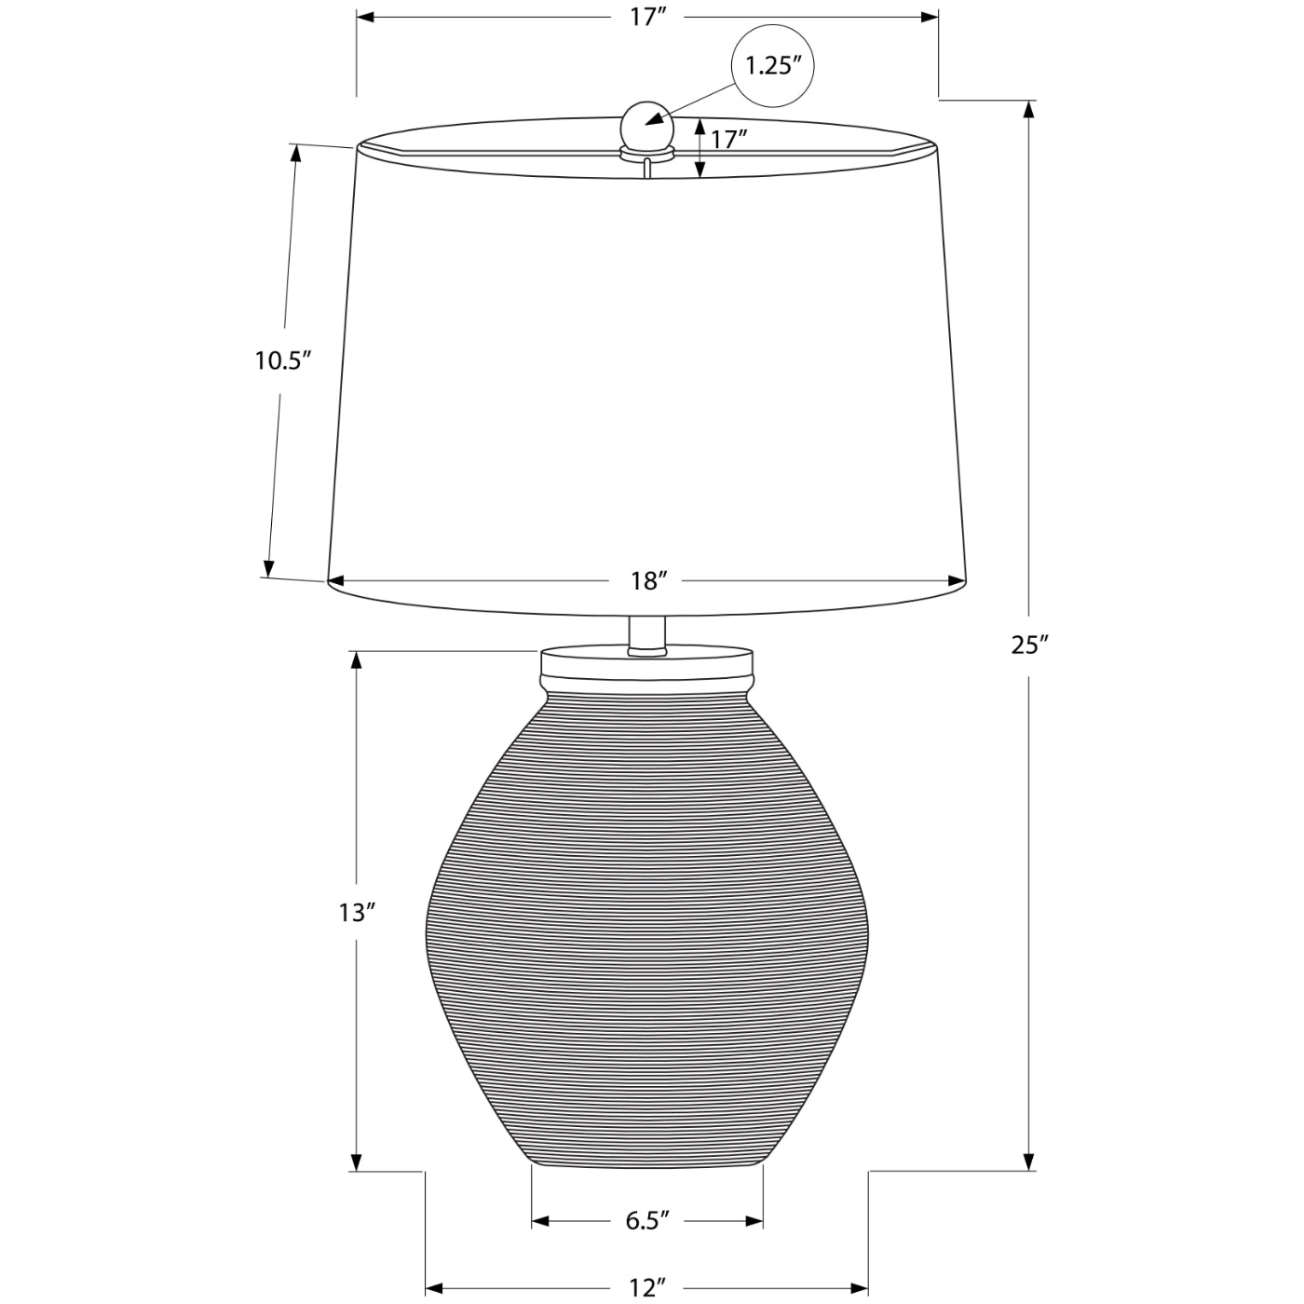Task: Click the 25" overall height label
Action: point(1030,644)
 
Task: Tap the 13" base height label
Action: point(357,913)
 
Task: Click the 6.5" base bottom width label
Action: point(647,1221)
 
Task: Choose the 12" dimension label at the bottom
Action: point(647,1288)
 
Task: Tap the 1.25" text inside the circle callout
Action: point(773,66)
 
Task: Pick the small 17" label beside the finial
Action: point(729,140)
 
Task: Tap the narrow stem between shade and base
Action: point(646,633)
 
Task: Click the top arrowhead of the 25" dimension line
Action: point(1029,110)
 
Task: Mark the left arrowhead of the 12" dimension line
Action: point(435,1289)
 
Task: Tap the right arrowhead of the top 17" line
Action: point(929,17)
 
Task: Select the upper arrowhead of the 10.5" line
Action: point(297,155)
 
